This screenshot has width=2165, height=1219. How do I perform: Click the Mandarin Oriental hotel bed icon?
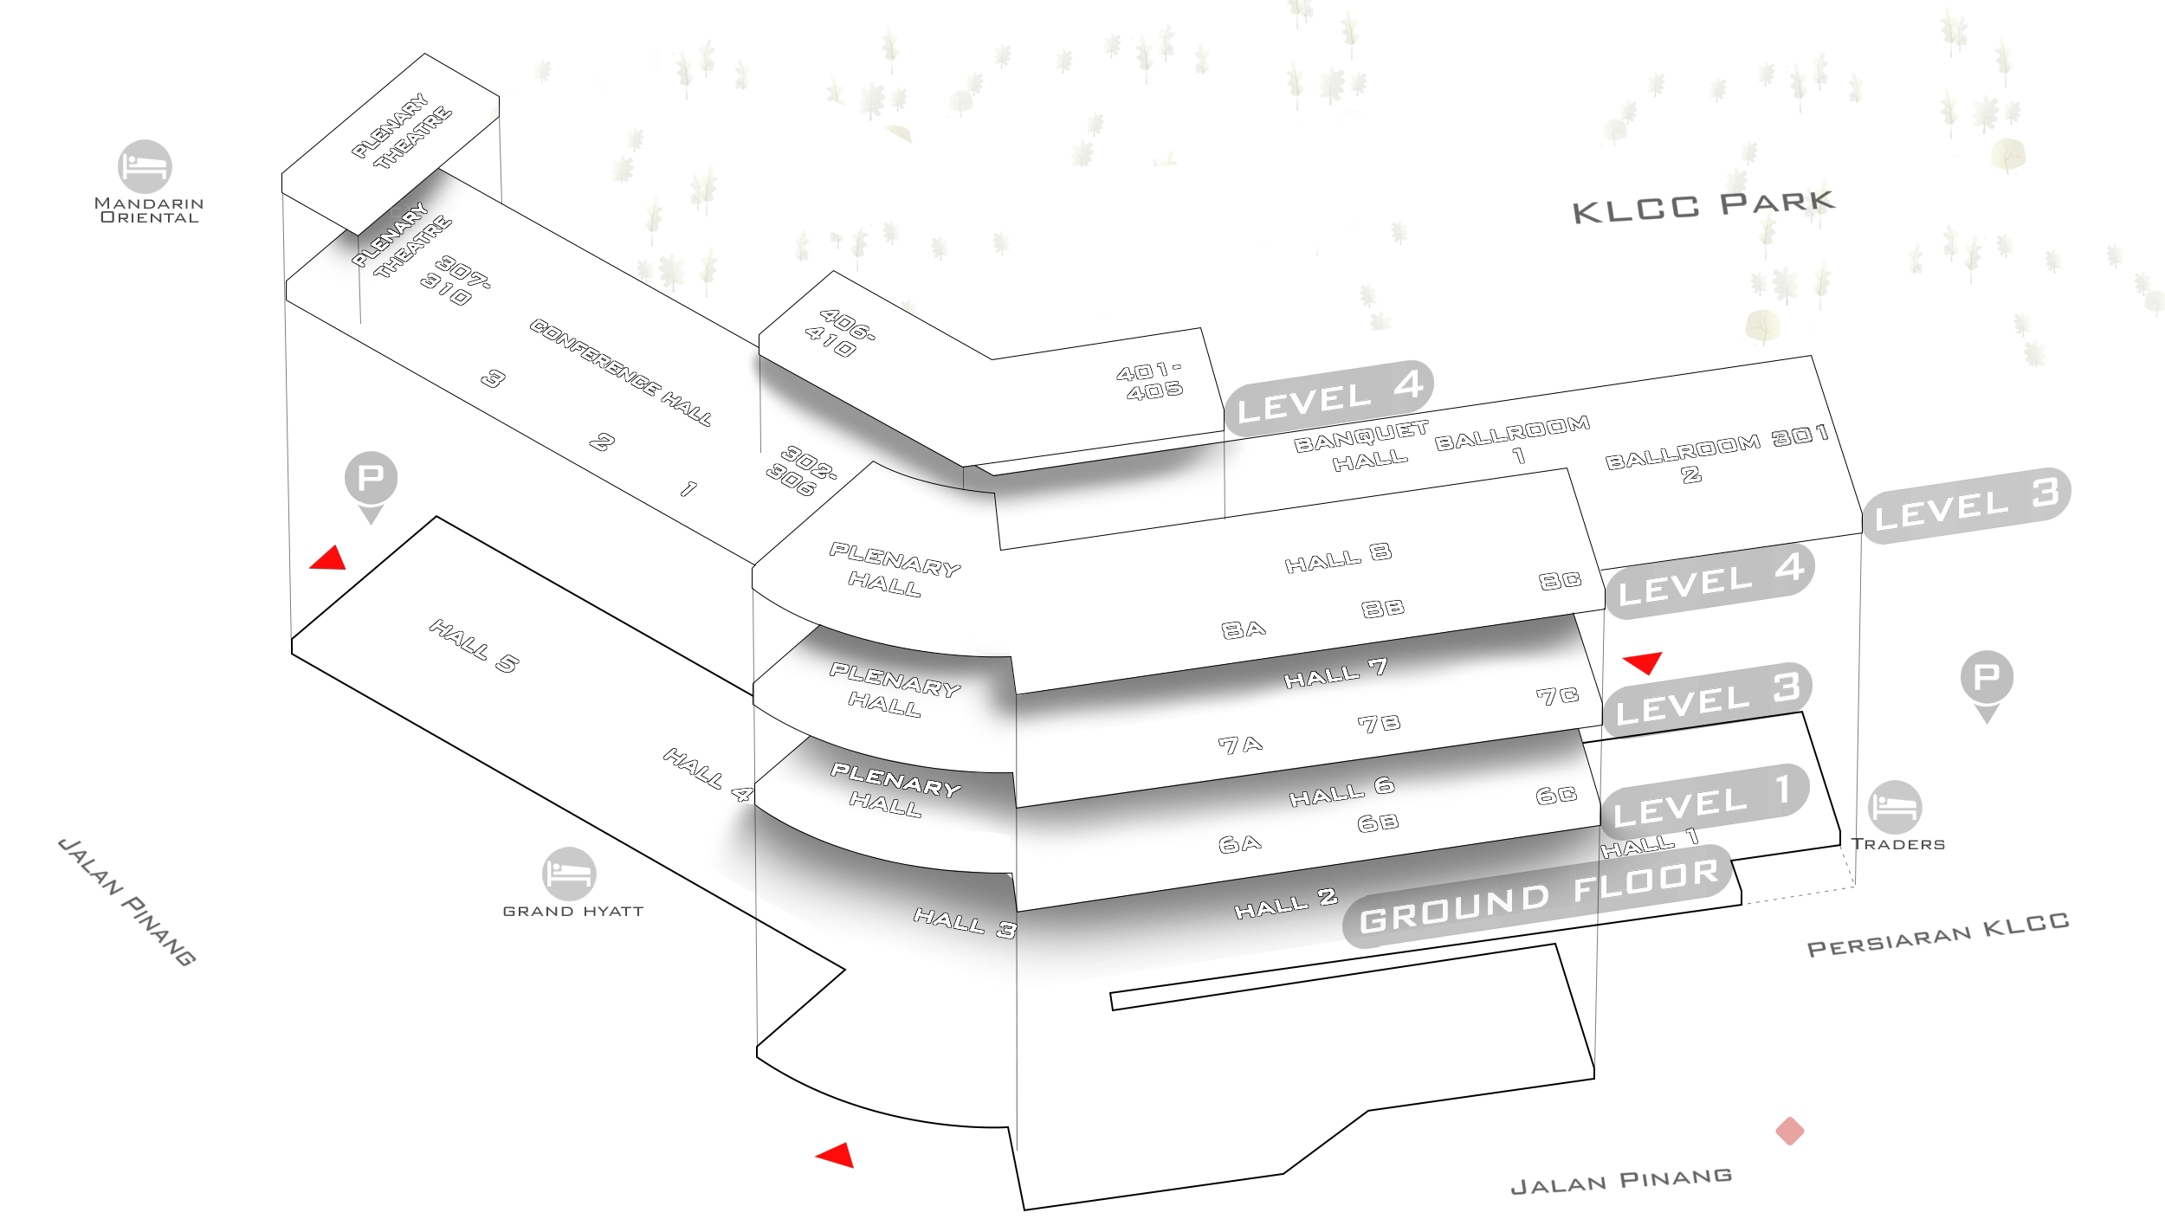tap(145, 166)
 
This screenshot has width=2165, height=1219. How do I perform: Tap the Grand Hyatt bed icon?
tap(569, 874)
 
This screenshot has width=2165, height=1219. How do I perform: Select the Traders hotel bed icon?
tap(1895, 807)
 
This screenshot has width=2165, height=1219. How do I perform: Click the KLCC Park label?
tap(1703, 207)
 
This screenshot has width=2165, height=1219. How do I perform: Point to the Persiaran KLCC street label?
tap(1938, 934)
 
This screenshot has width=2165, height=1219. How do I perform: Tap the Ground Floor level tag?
tap(1538, 896)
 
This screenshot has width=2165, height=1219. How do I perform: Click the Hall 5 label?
tap(474, 646)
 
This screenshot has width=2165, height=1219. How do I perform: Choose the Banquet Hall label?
tap(1361, 447)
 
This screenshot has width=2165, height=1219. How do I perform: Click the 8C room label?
tap(1560, 580)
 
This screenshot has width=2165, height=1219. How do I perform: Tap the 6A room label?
tap(1239, 844)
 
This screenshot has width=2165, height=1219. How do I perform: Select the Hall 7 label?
tap(1335, 674)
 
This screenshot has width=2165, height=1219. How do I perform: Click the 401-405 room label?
tap(1150, 382)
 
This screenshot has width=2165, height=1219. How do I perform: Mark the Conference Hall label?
tap(620, 372)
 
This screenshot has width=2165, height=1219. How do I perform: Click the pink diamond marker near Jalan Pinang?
tap(1790, 1131)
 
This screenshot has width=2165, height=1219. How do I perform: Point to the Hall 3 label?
tap(965, 923)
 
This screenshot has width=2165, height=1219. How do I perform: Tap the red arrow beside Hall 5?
tap(329, 558)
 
